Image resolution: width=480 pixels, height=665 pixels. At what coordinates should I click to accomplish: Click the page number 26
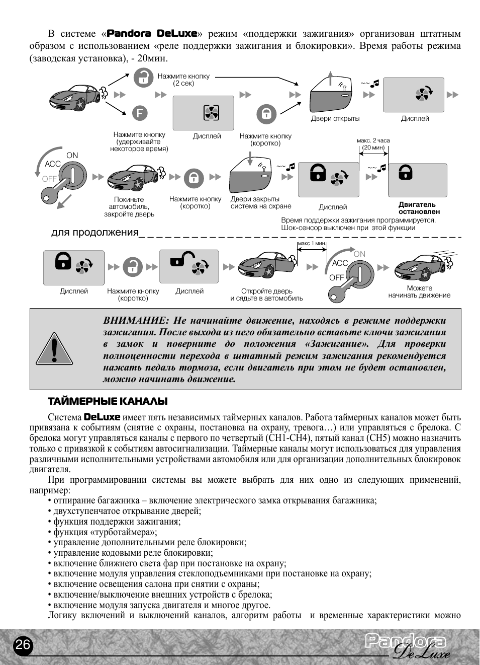point(23,645)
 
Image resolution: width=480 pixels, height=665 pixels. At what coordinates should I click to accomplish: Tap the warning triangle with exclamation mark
point(54,349)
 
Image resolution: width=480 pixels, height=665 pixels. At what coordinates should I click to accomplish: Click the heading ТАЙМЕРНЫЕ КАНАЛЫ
point(108,401)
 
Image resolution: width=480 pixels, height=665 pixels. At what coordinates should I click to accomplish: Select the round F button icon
point(140,113)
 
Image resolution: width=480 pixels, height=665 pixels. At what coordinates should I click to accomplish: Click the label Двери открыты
point(335,119)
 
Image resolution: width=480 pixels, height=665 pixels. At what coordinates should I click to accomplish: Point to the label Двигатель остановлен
point(418,208)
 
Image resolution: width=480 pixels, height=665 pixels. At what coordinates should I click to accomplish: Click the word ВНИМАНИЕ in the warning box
point(135,321)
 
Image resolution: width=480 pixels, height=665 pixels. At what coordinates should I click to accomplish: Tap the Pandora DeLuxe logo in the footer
point(406,646)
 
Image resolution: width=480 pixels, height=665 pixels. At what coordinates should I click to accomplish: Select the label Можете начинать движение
point(419,292)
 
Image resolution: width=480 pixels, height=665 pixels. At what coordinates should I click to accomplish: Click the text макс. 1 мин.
point(312,244)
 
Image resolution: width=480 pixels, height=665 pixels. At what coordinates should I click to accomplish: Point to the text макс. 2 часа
point(373,140)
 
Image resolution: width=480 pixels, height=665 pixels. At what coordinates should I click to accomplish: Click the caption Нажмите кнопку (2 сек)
point(183,80)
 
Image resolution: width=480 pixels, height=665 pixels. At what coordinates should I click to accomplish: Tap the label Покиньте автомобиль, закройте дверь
point(129,206)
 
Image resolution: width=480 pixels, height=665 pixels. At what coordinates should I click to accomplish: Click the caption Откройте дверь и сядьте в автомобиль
point(266,294)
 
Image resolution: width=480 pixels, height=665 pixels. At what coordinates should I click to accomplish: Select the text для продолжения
point(94,232)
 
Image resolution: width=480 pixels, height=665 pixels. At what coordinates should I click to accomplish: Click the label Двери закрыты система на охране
point(261,202)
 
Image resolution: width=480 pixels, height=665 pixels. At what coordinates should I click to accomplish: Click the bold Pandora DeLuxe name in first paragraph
point(152,34)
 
